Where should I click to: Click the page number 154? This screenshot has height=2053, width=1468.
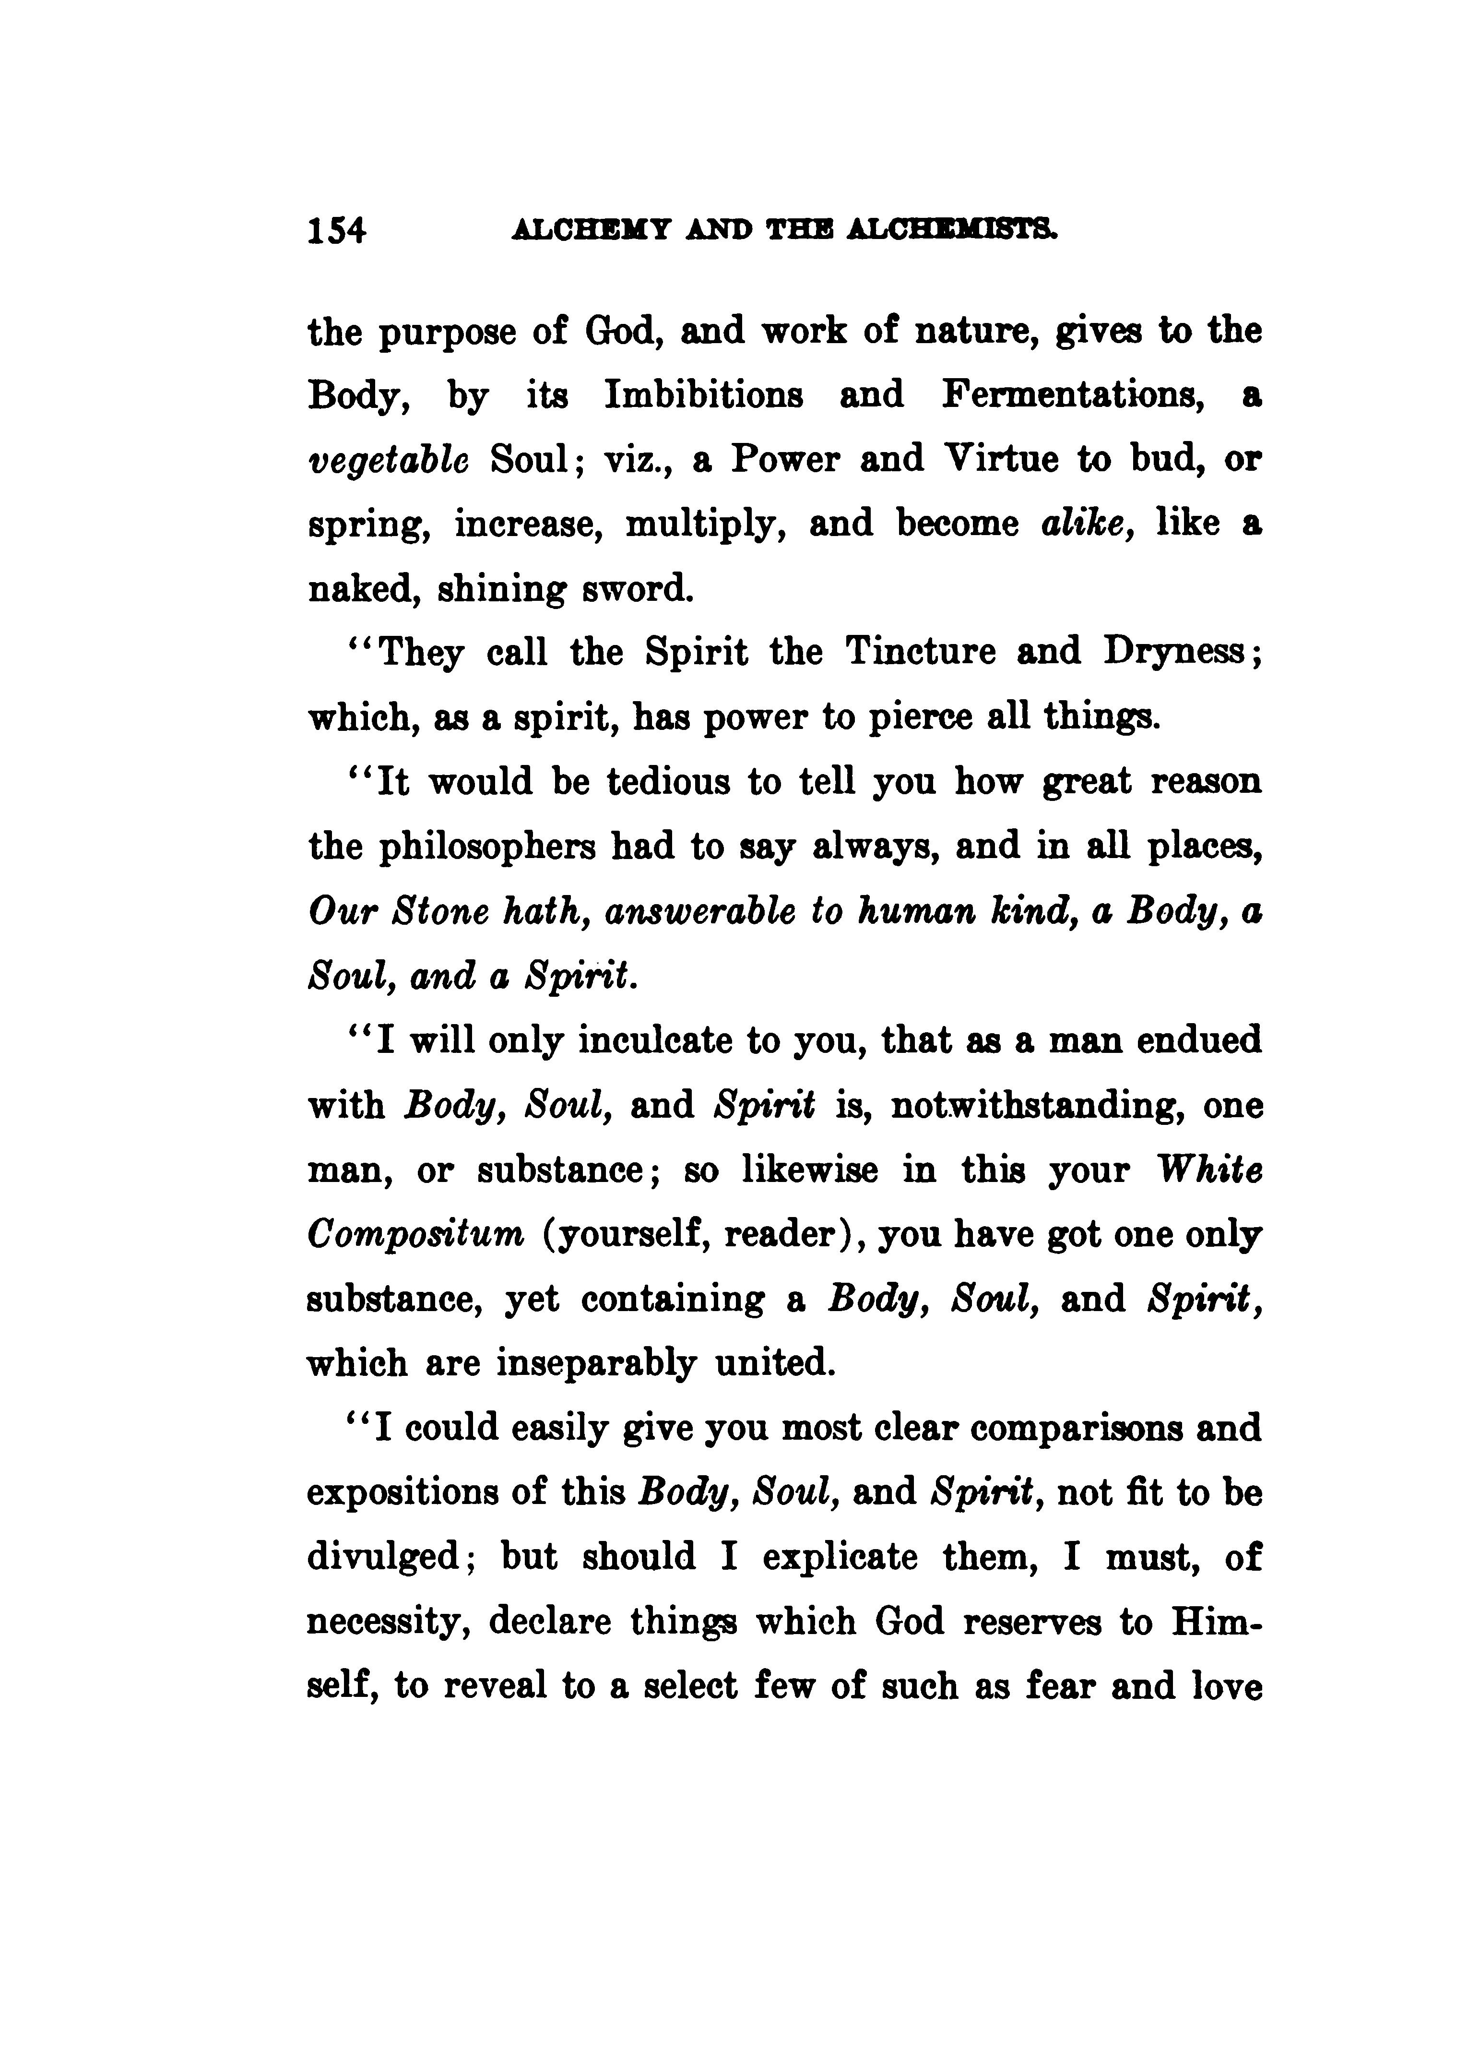(x=336, y=231)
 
